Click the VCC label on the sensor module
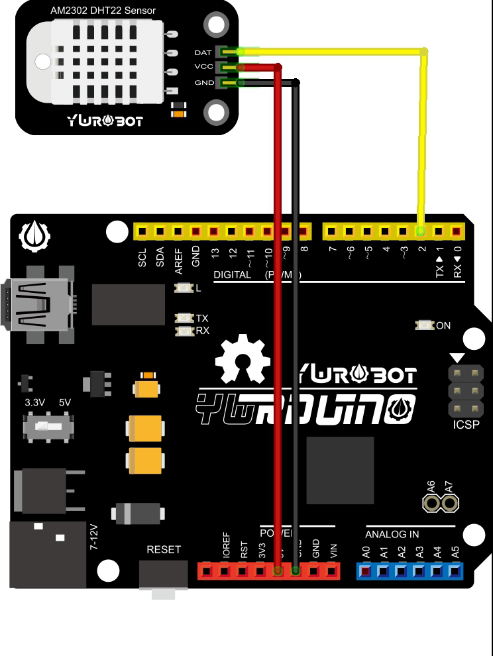point(203,67)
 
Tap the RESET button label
point(164,549)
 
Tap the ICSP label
point(466,425)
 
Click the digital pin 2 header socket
point(420,231)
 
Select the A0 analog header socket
point(366,570)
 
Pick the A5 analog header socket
point(455,570)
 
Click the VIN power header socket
point(332,570)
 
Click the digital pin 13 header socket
point(214,231)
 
